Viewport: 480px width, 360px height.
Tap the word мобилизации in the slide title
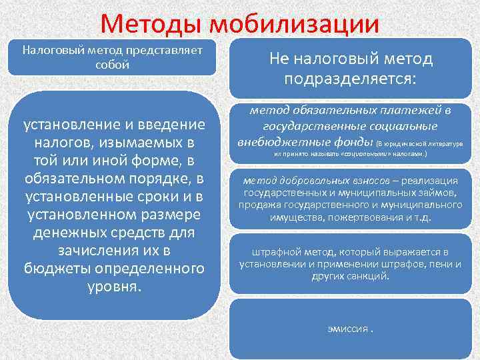coord(294,25)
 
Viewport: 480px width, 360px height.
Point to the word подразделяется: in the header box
coord(351,79)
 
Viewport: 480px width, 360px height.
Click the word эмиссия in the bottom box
coord(345,329)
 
